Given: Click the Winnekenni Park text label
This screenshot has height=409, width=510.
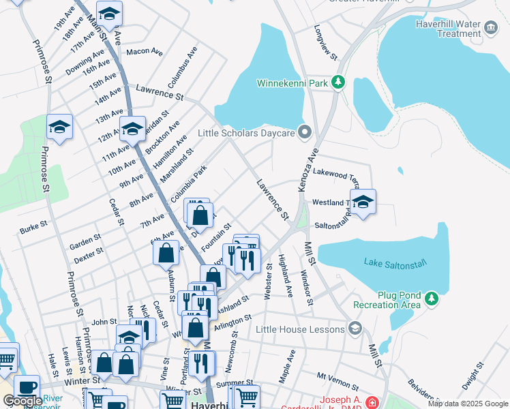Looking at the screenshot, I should (x=292, y=83).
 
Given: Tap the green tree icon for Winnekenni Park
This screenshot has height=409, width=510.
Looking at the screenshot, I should (x=338, y=82).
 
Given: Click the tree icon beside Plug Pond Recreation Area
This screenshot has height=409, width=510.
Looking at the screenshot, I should (x=431, y=298).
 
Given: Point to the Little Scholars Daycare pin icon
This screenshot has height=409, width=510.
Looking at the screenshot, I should (x=305, y=133).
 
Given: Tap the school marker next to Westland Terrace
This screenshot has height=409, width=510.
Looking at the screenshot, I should (x=363, y=202).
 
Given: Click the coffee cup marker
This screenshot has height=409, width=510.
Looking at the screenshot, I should (x=27, y=387).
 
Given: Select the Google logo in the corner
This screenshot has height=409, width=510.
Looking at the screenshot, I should (x=22, y=401).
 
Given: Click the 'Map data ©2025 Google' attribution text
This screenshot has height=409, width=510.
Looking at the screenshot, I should (x=467, y=404).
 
